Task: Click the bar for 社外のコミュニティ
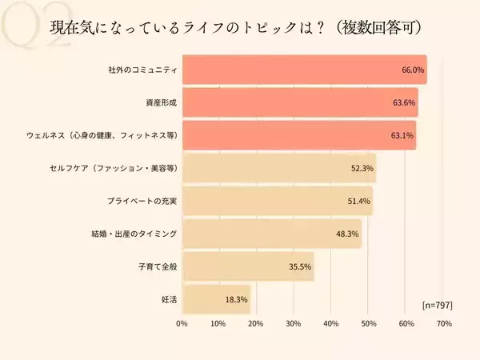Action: [304, 70]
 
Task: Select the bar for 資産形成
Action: [300, 102]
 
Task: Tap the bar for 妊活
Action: [216, 299]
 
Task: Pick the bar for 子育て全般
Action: [248, 266]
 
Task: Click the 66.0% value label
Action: [413, 70]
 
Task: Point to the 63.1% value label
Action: [402, 135]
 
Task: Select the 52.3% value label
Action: [362, 168]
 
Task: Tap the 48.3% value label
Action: [347, 234]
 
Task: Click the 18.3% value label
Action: [236, 299]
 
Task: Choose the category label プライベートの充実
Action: [142, 201]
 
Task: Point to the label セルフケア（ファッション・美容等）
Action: [112, 168]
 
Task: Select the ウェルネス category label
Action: [102, 135]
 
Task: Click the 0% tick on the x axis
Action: [182, 324]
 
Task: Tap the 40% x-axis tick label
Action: [331, 324]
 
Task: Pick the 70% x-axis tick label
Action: [445, 324]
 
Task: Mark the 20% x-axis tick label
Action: [256, 324]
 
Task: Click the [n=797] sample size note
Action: [437, 304]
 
